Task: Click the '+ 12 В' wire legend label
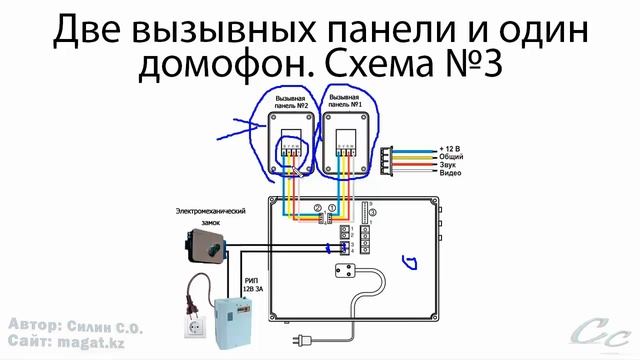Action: [451, 148]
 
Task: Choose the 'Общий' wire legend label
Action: [451, 157]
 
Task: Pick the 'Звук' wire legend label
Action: [448, 165]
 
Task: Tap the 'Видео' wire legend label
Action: [450, 173]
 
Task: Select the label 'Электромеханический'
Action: [211, 212]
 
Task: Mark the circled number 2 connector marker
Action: [317, 209]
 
